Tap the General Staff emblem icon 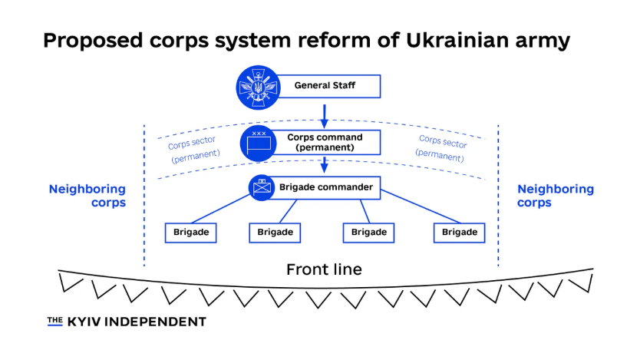pyautogui.click(x=256, y=85)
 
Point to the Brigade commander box pyautogui.click(x=326, y=187)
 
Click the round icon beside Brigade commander pyautogui.click(x=262, y=187)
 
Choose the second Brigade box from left pyautogui.click(x=275, y=232)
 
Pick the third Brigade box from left pyautogui.click(x=369, y=232)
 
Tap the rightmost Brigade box pyautogui.click(x=459, y=232)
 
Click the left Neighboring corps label pyautogui.click(x=87, y=196)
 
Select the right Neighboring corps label pyautogui.click(x=556, y=196)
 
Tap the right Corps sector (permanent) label pyautogui.click(x=442, y=147)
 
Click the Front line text pyautogui.click(x=324, y=269)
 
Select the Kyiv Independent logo pyautogui.click(x=127, y=322)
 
